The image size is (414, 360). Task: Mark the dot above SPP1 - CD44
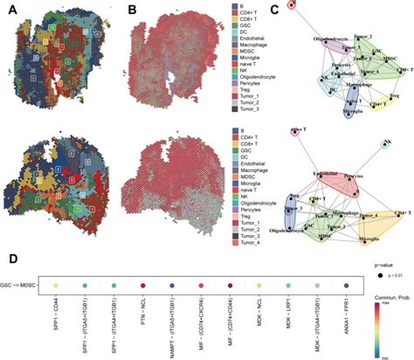[57, 286]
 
